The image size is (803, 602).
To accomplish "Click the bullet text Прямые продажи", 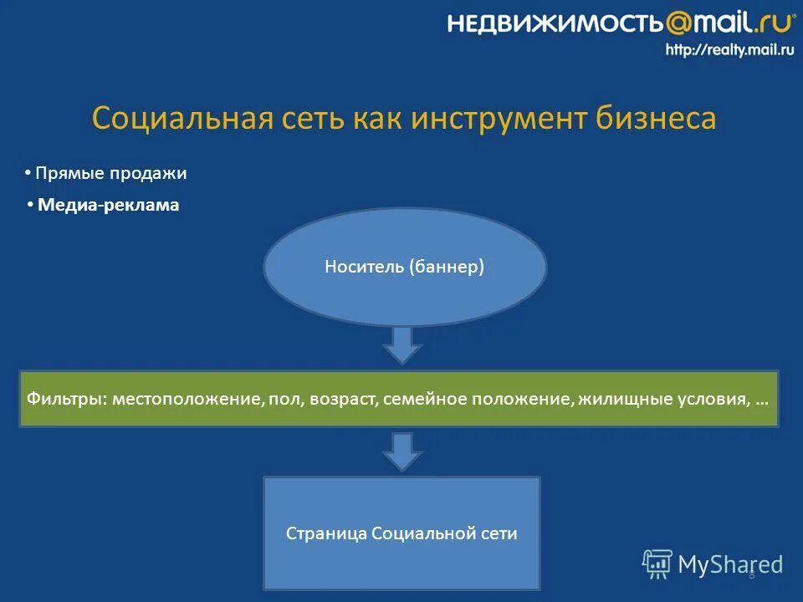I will (111, 174).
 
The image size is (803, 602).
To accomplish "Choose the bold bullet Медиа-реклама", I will (109, 205).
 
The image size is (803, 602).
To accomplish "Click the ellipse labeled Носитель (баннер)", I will (405, 267).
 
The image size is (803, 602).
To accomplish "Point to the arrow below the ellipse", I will (403, 344).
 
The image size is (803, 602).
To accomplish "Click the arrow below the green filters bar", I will (403, 451).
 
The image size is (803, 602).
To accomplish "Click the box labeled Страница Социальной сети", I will (401, 533).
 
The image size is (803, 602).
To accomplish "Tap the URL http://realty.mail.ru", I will (729, 50).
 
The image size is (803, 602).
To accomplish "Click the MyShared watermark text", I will (729, 564).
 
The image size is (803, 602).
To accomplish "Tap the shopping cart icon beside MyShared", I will (657, 564).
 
